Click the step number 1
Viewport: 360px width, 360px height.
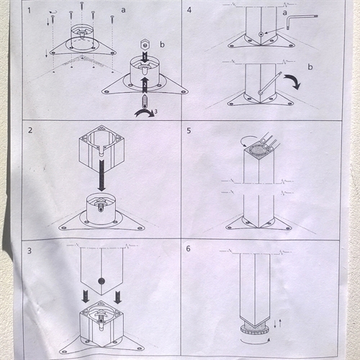pos(30,11)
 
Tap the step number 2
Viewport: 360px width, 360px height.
pos(30,130)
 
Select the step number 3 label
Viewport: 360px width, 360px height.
pos(30,251)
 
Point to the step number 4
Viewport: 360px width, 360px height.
pos(189,10)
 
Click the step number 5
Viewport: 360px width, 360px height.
pos(189,130)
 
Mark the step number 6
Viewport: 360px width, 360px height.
pos(189,248)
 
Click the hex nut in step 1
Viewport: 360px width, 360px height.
pos(145,45)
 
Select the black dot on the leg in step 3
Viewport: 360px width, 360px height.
pos(102,281)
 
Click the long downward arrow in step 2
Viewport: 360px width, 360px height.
pos(102,175)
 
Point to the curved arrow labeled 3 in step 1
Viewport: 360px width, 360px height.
pos(145,113)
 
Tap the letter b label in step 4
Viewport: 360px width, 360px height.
pos(310,67)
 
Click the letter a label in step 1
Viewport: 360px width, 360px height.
pos(123,10)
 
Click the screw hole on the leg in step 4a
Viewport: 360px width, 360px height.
pos(261,35)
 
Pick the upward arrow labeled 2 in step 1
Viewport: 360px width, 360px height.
pos(145,85)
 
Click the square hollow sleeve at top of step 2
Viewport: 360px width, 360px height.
pos(102,148)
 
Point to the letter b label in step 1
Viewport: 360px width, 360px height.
pos(162,45)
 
